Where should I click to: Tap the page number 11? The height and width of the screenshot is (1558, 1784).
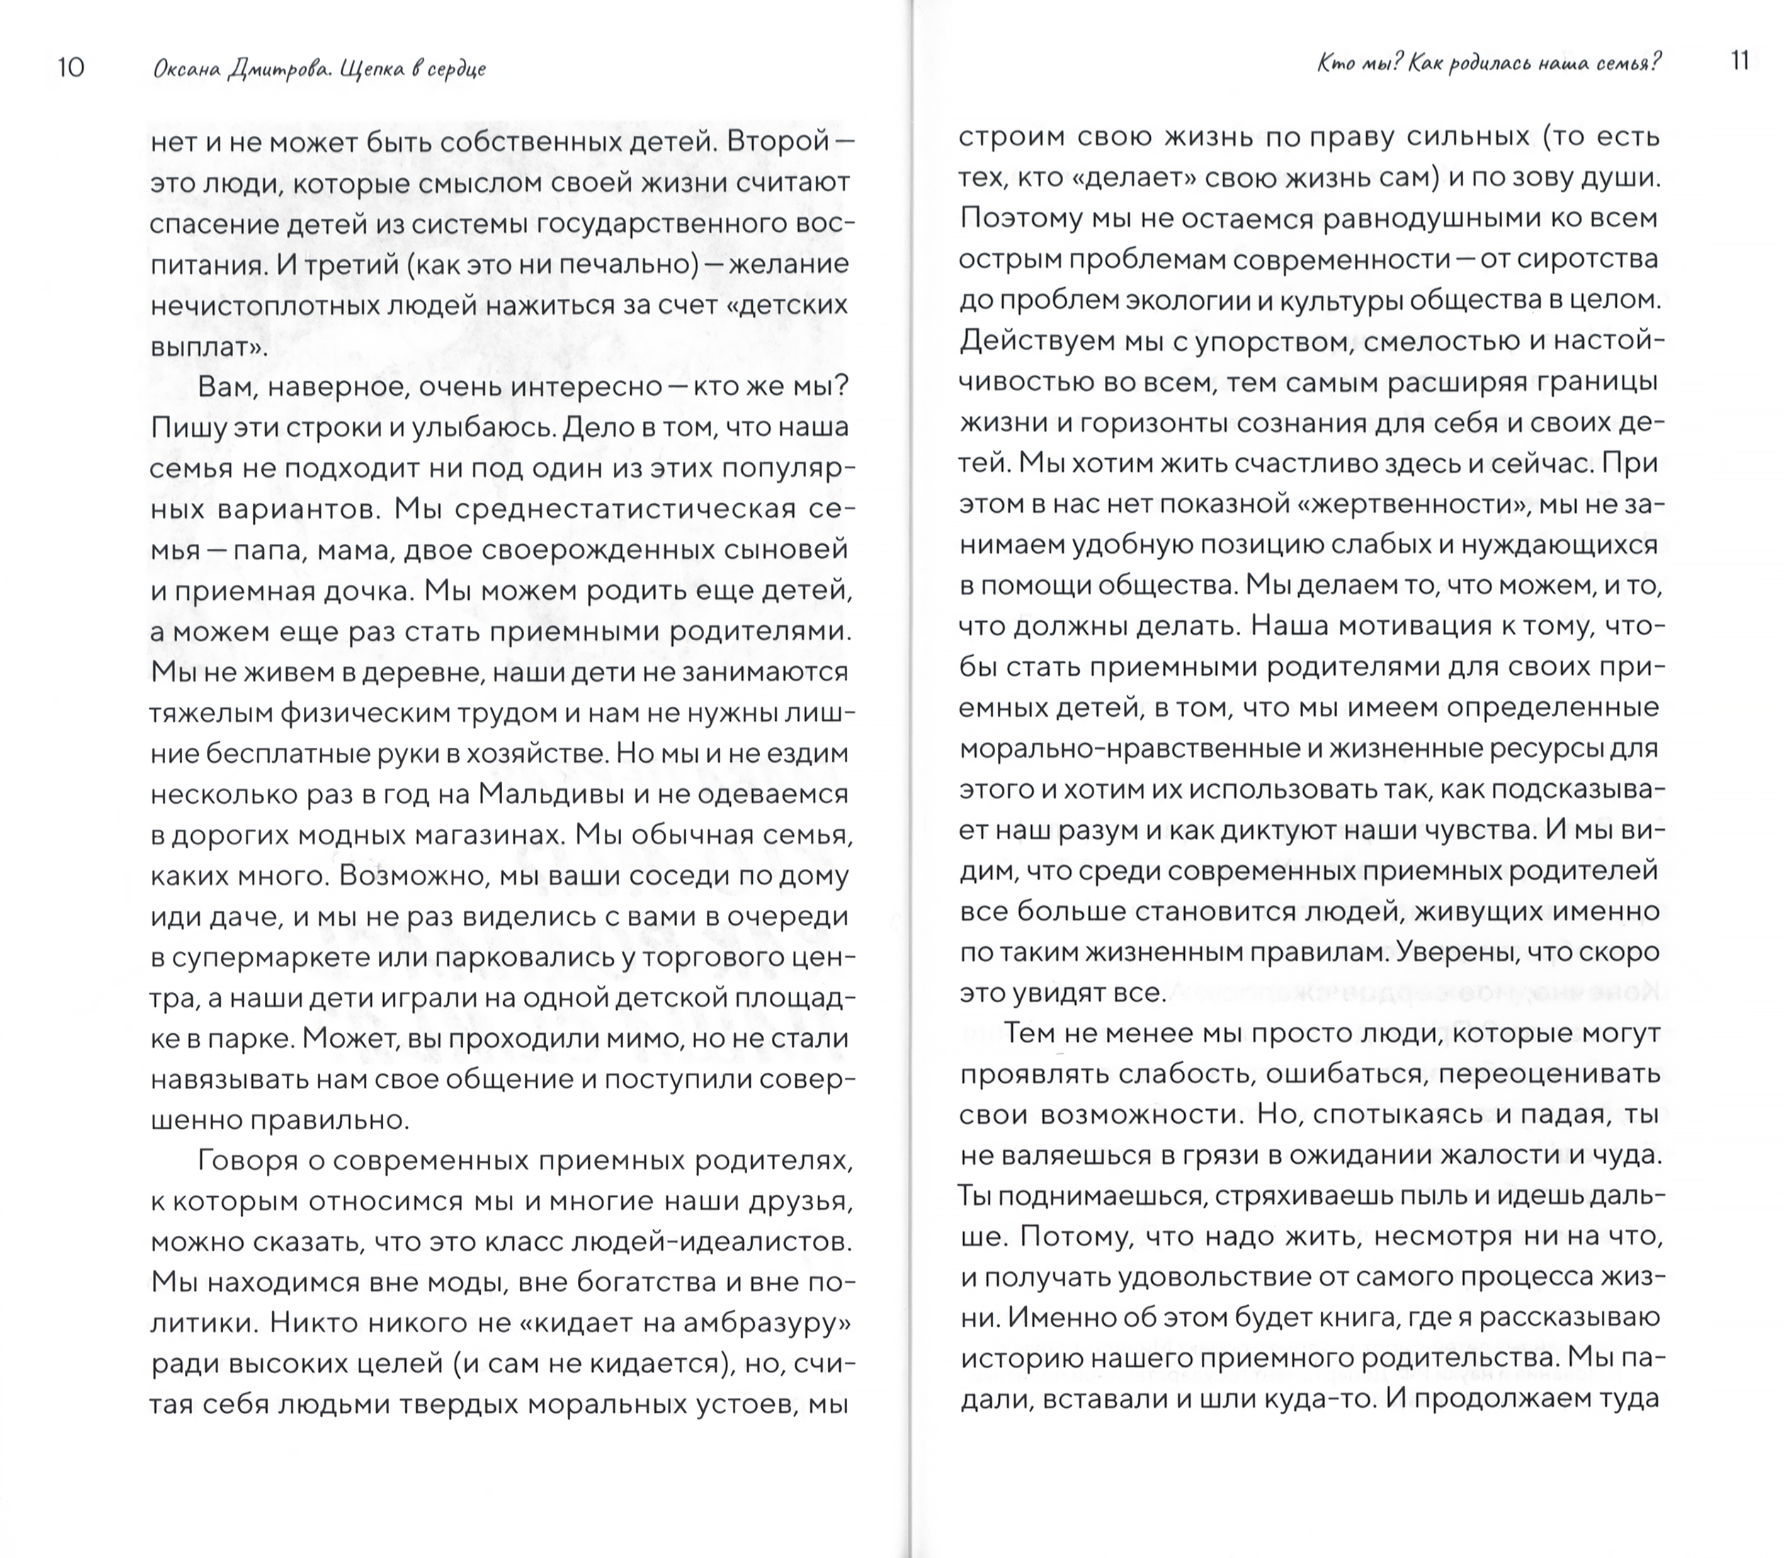click(x=1739, y=62)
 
